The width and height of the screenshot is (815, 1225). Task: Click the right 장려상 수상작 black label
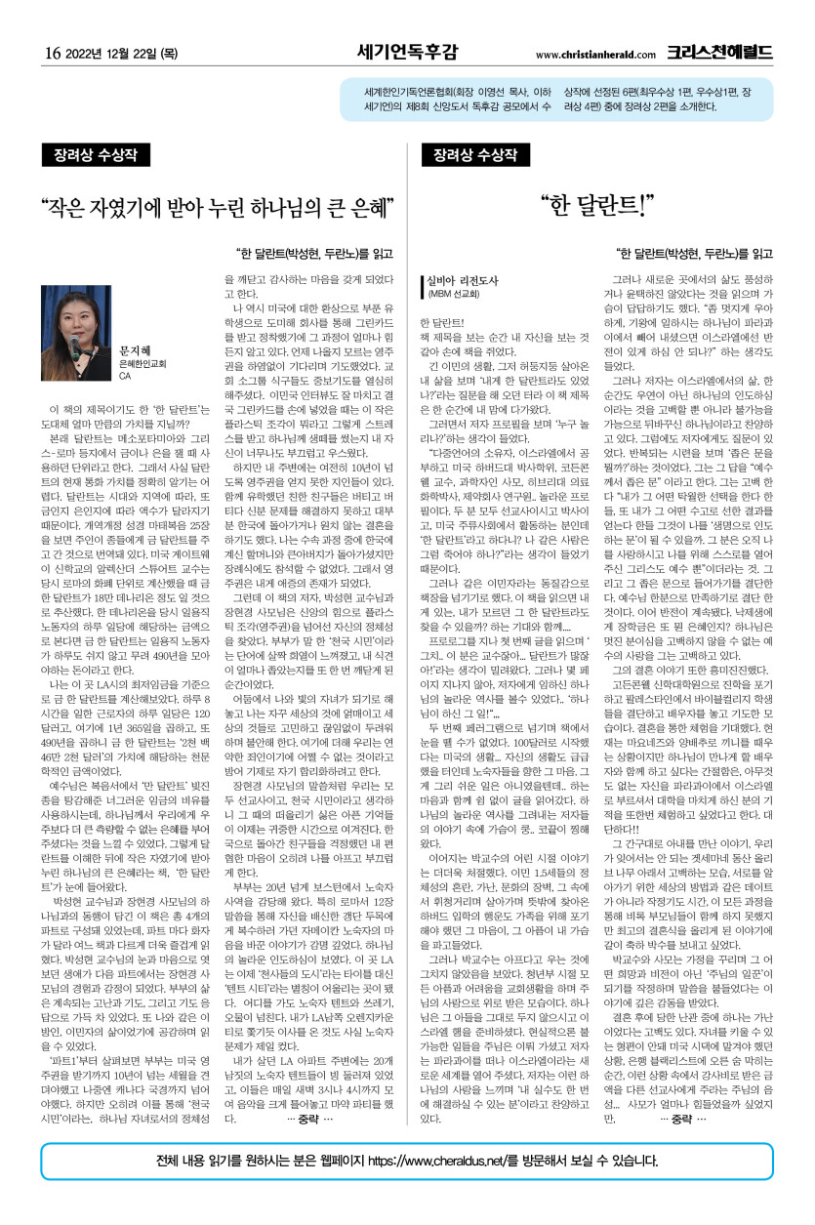point(473,155)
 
